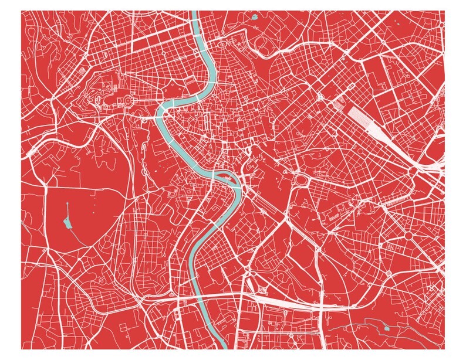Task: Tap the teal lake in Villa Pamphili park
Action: (66, 222)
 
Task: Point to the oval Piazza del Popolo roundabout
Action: (222, 44)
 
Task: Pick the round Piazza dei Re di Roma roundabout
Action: (408, 235)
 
